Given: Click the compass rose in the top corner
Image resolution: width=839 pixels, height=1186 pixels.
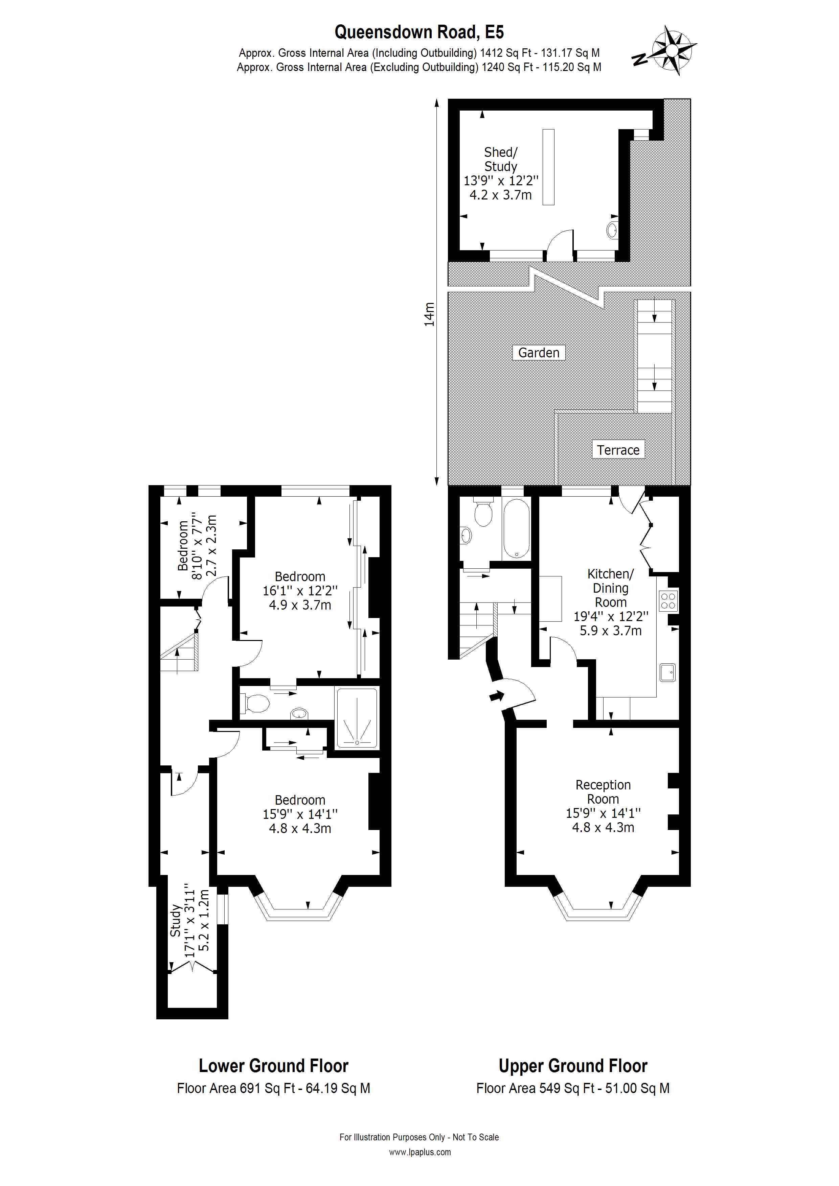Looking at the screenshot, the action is pos(671,50).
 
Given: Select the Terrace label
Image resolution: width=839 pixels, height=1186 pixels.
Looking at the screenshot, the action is pos(618,450).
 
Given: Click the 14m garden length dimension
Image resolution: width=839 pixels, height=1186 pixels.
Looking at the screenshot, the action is pos(429,314).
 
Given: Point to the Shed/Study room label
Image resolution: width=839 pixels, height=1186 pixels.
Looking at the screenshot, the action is pos(500,173).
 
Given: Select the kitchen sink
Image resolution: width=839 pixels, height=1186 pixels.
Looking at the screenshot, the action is pos(668,672).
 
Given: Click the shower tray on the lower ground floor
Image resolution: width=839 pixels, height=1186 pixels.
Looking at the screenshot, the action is pos(357,718).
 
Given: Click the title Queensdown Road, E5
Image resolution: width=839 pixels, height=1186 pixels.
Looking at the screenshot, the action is pos(419,32).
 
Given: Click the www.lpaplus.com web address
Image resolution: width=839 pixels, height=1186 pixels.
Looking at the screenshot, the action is pos(420,1152).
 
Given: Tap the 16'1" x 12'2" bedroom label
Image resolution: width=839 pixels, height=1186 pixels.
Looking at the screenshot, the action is pos(300,590).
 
